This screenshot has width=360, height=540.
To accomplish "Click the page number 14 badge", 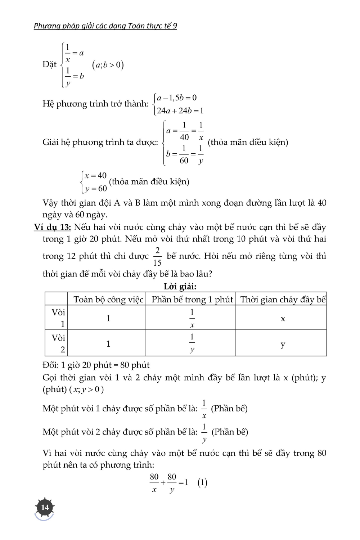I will pos(45,507).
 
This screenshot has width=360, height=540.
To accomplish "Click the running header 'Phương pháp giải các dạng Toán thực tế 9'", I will pos(105,26).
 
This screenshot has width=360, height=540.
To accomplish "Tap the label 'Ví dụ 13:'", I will pos(53,227).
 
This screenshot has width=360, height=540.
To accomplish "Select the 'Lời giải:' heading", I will pos(180,287).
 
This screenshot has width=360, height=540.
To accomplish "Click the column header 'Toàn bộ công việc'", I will pos(108,300).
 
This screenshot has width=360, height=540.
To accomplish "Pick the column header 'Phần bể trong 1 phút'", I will pos(192,300).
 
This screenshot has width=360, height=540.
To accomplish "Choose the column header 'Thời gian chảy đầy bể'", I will pos(283,300).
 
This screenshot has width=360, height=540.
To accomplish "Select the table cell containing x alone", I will pos(283,319).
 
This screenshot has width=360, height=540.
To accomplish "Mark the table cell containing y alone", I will pos(283,344).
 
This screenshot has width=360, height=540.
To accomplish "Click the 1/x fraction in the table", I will pos(192,318).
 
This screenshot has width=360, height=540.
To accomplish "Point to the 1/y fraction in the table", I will pos(192,343).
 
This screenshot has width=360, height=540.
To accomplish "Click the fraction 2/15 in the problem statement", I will pos(157,256).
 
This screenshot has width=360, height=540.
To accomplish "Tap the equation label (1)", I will pos(202,482).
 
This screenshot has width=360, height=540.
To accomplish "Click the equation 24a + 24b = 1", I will pos(180,111).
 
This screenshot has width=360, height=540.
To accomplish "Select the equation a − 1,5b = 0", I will pos(177,98).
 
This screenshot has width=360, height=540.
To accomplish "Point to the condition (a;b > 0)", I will pos(108,65).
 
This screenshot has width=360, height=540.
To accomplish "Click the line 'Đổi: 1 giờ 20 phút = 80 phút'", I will pos(96,365).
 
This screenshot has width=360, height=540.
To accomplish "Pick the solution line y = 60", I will pos(96,188).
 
